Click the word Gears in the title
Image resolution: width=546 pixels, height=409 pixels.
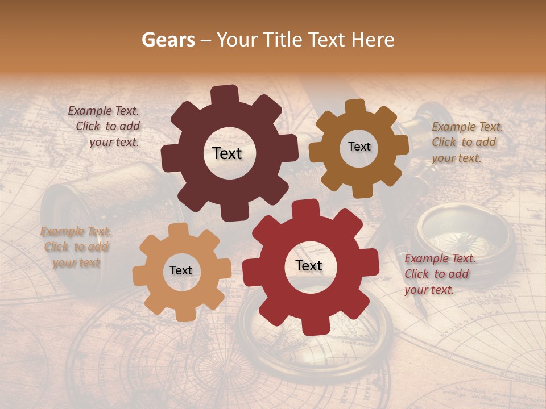click(168, 40)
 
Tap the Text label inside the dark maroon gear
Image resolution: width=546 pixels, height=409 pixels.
click(227, 153)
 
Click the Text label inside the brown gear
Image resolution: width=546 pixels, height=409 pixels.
click(359, 147)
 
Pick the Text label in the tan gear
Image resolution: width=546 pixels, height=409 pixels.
click(181, 271)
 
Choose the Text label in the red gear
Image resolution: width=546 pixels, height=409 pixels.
click(309, 266)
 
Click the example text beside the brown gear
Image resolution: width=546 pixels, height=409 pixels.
click(466, 142)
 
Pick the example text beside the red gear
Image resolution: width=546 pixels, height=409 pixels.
click(439, 274)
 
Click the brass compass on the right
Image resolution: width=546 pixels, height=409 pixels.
click(466, 233)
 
